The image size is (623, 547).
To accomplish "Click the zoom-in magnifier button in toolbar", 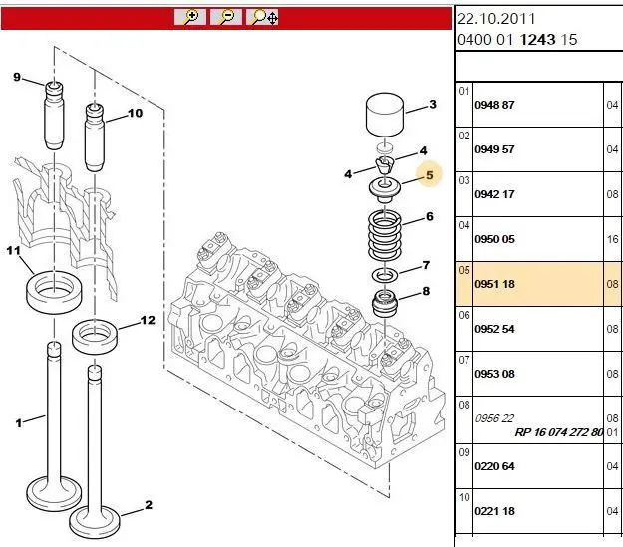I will pyautogui.click(x=189, y=17).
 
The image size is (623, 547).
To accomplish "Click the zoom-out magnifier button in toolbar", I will pyautogui.click(x=227, y=17).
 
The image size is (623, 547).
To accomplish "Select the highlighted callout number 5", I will pyautogui.click(x=429, y=175).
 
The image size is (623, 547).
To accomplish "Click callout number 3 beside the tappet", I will pyautogui.click(x=433, y=104).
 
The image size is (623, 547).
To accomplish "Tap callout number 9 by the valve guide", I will pyautogui.click(x=16, y=77).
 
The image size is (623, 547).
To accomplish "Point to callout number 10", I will pyautogui.click(x=136, y=113).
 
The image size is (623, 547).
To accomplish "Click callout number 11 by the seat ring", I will pyautogui.click(x=14, y=252).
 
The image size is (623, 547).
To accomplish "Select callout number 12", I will pyautogui.click(x=148, y=320).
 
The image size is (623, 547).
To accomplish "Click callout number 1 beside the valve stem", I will pyautogui.click(x=18, y=422).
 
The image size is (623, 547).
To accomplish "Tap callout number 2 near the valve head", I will pyautogui.click(x=149, y=505).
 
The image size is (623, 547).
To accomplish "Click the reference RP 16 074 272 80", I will pyautogui.click(x=559, y=432).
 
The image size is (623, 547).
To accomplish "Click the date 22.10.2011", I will pyautogui.click(x=494, y=19).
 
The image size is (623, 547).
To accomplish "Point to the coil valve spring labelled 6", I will pyautogui.click(x=384, y=237).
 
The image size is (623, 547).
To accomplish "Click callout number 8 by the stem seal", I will pyautogui.click(x=426, y=291).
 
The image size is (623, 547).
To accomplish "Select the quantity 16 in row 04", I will pyautogui.click(x=613, y=239).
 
